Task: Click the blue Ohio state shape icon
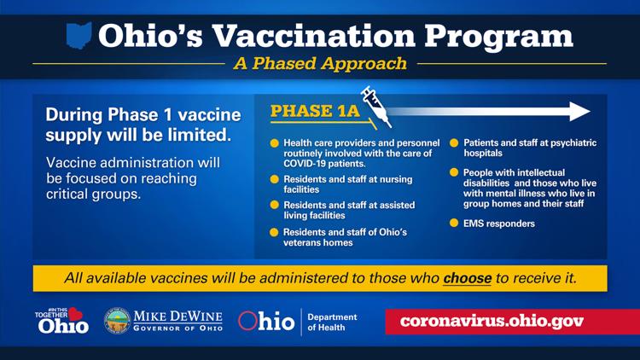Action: click(x=79, y=35)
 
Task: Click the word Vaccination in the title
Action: click(x=314, y=36)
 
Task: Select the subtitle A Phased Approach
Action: click(x=320, y=63)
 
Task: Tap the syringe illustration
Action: click(x=376, y=107)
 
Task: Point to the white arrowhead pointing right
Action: click(x=579, y=112)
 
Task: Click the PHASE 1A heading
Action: click(x=315, y=111)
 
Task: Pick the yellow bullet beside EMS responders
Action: click(x=454, y=223)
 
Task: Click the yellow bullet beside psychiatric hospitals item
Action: click(x=454, y=142)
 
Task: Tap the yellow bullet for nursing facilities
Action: click(x=274, y=179)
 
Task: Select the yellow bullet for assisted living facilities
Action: click(x=274, y=205)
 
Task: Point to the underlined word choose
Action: click(x=467, y=278)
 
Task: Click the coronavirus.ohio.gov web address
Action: click(x=492, y=322)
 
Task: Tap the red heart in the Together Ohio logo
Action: click(x=75, y=314)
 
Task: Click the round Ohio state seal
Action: click(x=117, y=321)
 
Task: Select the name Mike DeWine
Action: click(x=178, y=316)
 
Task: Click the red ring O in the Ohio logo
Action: click(x=247, y=321)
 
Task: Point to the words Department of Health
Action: click(x=332, y=322)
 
